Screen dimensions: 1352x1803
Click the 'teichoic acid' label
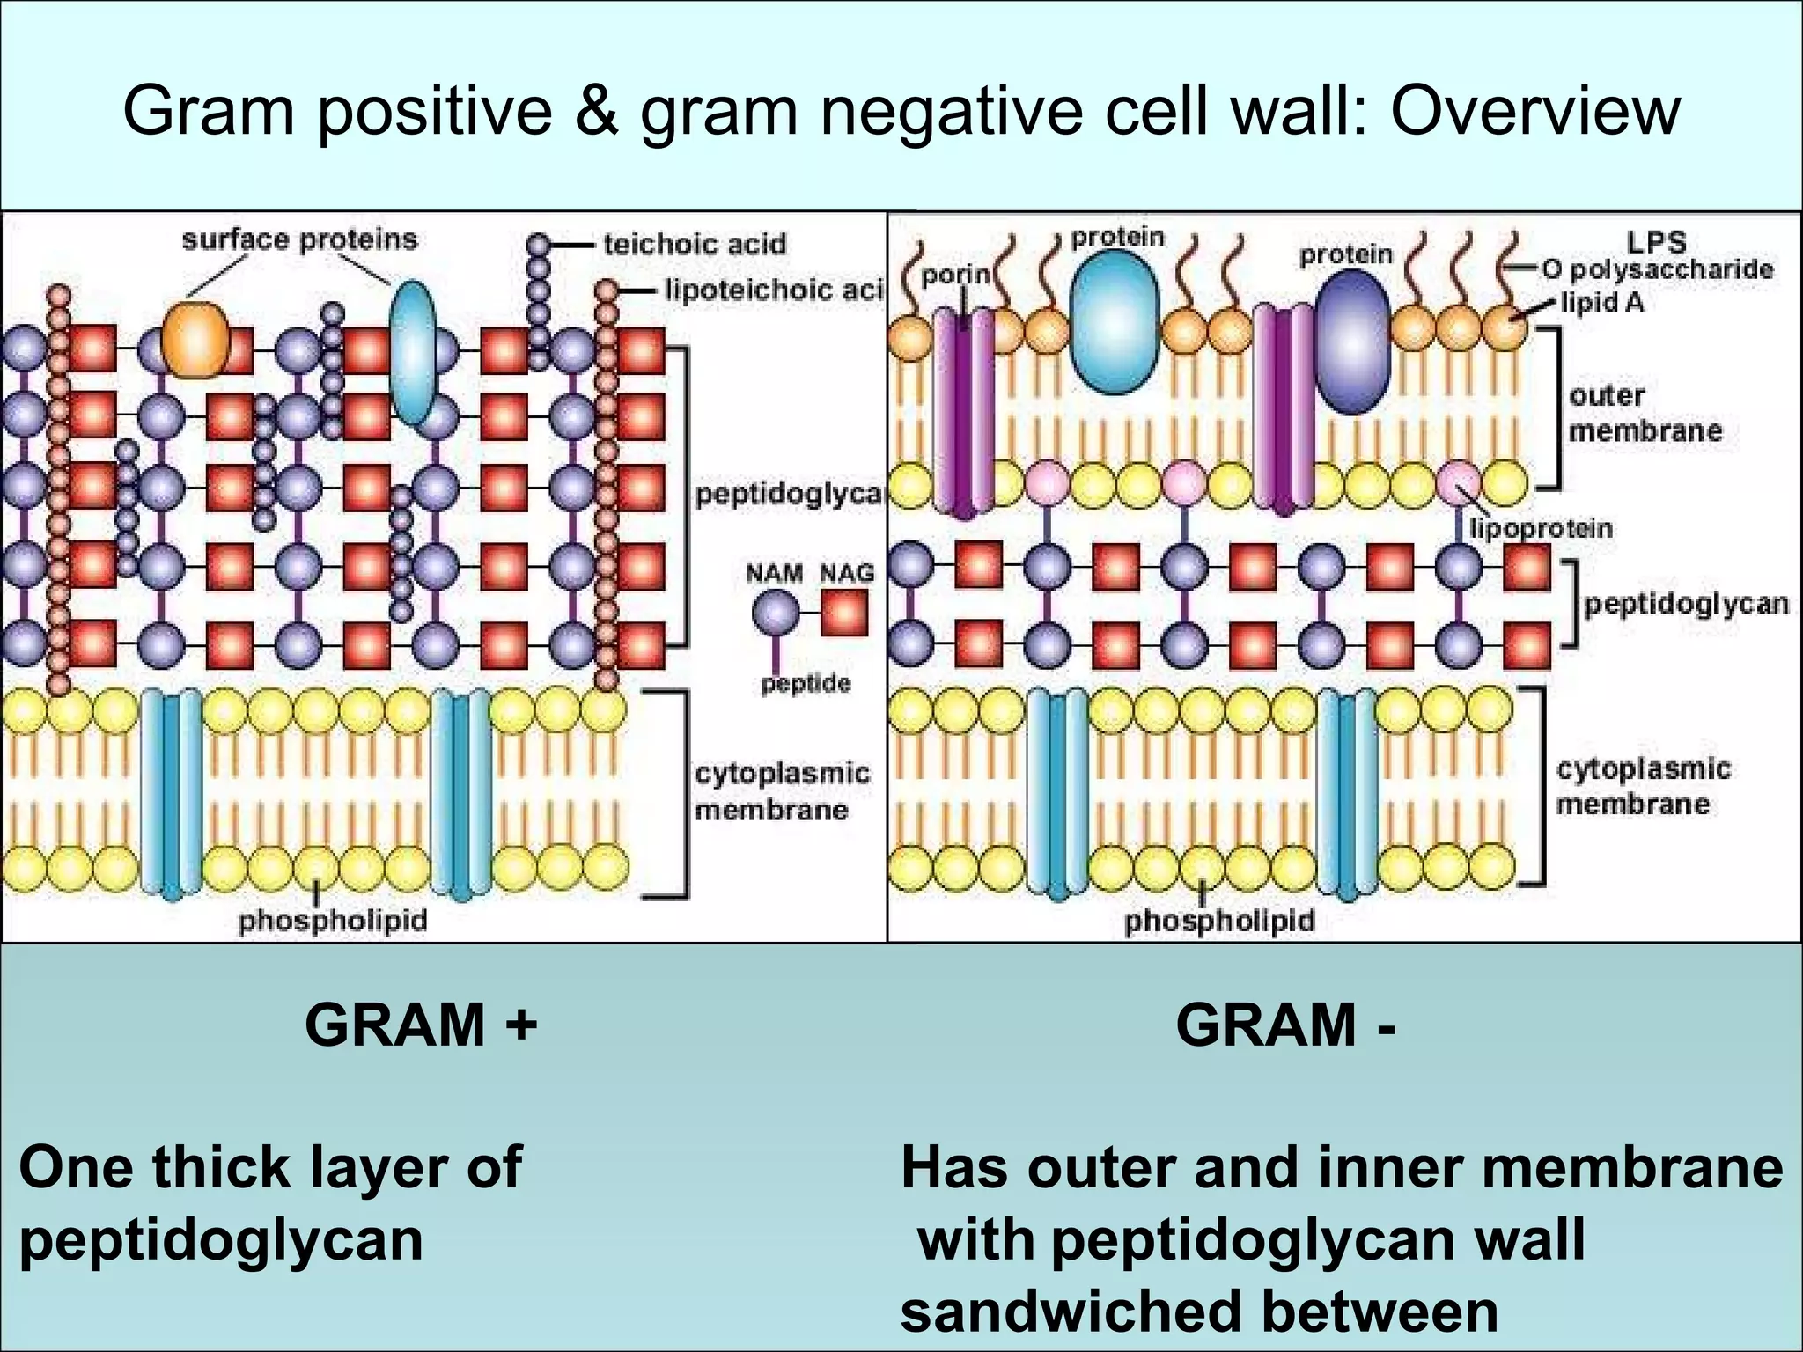(x=694, y=244)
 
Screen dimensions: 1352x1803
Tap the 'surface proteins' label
(x=299, y=239)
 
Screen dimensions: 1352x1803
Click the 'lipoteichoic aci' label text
(x=773, y=290)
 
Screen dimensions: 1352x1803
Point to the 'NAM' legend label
(x=774, y=574)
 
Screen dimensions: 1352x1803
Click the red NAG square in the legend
(x=844, y=613)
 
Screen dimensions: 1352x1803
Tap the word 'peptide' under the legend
(x=806, y=684)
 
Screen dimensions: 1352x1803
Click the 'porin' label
(x=955, y=276)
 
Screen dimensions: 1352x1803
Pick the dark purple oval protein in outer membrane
(x=1353, y=342)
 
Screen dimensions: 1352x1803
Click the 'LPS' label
(x=1656, y=242)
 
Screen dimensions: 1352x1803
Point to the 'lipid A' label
(x=1602, y=303)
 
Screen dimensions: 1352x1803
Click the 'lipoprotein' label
(x=1541, y=528)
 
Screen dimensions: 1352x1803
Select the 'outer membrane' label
(x=1645, y=413)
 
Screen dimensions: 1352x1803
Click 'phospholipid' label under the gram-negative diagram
(x=1219, y=921)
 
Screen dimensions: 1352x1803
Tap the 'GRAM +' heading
(x=421, y=1025)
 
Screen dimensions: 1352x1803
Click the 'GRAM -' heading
(x=1285, y=1025)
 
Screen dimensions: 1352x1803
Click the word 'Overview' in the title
(x=1535, y=111)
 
